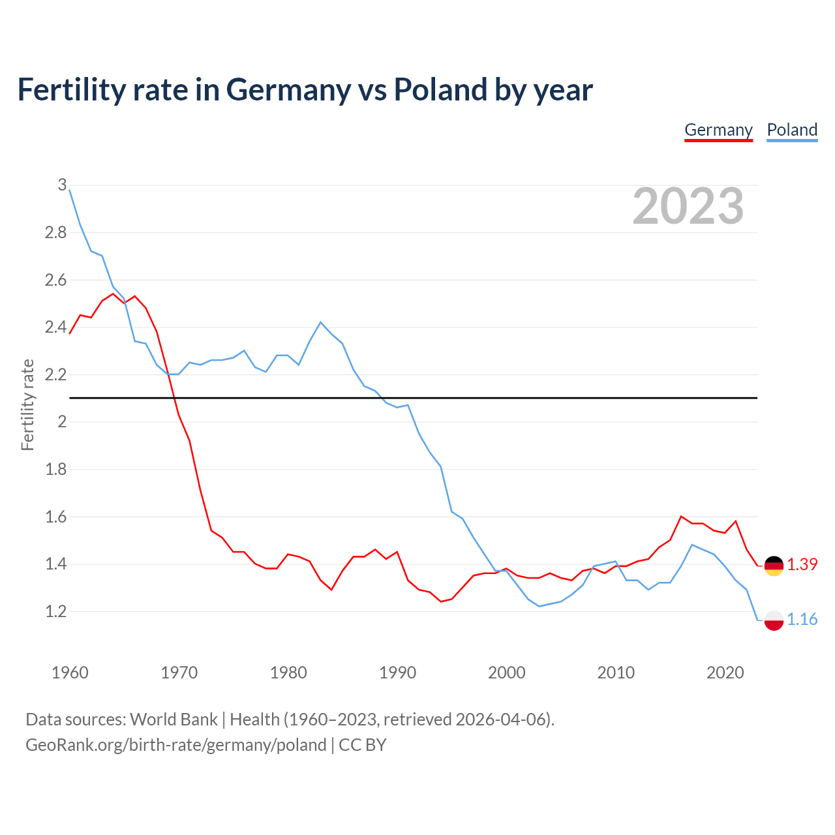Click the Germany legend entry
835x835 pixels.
coord(718,130)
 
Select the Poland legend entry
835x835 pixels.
coord(792,130)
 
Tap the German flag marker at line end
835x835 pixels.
coord(774,566)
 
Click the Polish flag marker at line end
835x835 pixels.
coord(774,620)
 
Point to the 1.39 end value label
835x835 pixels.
coord(802,564)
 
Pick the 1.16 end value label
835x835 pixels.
coord(802,619)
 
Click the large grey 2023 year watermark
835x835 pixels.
coord(688,206)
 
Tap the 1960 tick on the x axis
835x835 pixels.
coord(70,673)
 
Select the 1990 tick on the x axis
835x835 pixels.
coord(397,673)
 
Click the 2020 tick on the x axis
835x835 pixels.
coord(725,673)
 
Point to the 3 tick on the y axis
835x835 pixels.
coord(62,185)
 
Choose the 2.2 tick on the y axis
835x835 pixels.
coord(56,374)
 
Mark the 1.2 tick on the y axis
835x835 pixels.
coord(56,611)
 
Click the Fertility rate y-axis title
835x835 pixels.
coord(27,404)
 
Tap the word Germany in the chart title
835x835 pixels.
coord(288,89)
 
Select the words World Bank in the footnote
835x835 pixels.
coord(174,719)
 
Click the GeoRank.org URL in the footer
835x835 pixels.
coord(175,745)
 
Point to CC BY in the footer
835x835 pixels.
coord(363,745)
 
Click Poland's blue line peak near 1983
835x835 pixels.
coord(320,322)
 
